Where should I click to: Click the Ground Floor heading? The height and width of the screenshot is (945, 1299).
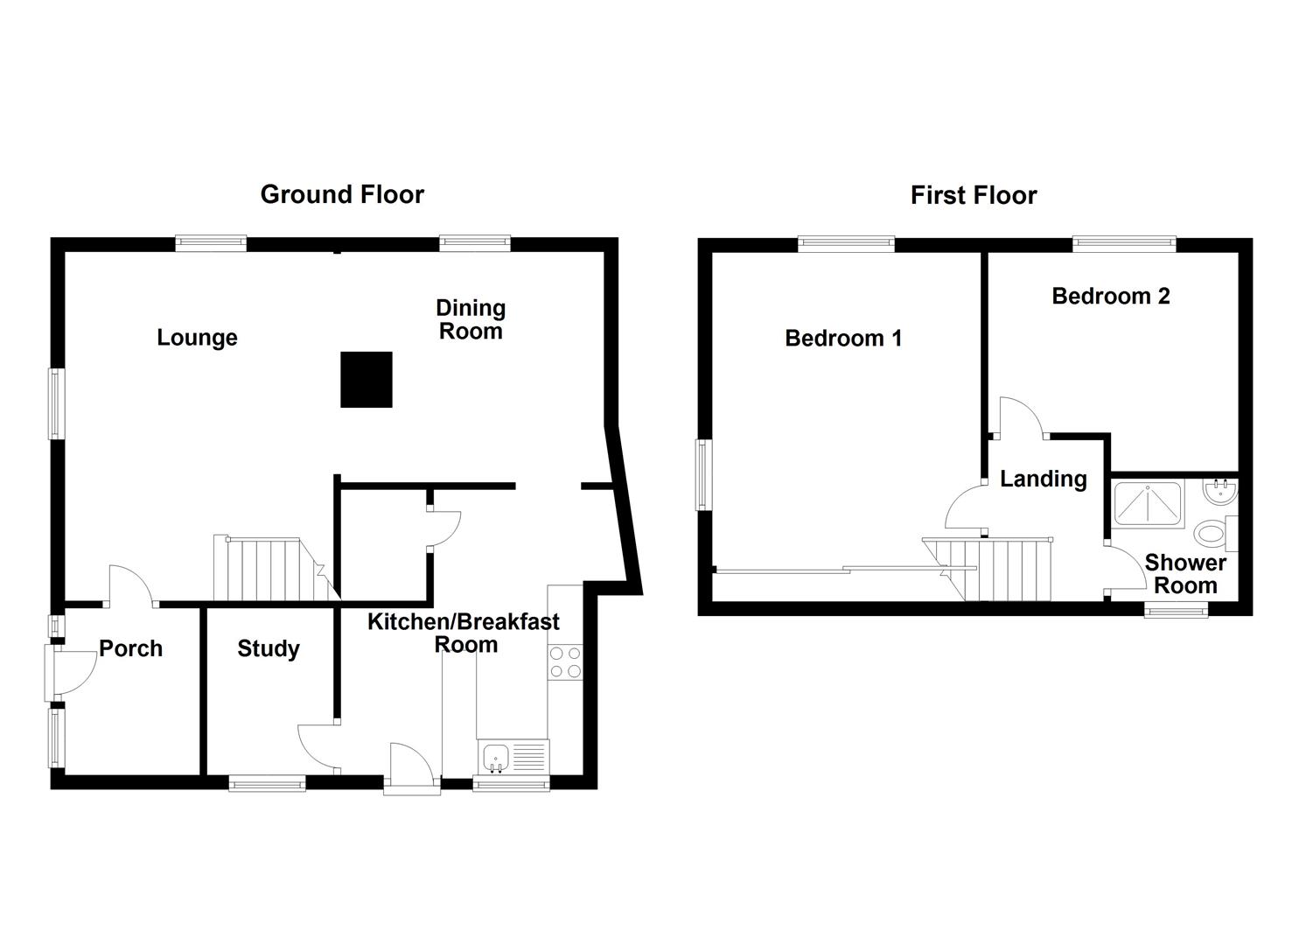point(342,194)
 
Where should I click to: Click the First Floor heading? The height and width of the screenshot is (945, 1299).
point(974,195)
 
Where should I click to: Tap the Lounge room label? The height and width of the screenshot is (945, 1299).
point(197,338)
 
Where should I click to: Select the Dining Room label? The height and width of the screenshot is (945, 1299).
point(471,319)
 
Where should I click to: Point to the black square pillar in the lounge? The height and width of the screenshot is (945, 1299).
point(367,380)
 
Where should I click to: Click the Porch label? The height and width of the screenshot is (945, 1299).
point(130,648)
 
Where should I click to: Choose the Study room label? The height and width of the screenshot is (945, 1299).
point(269,649)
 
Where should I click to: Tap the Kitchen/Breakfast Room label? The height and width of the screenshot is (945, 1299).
point(464,633)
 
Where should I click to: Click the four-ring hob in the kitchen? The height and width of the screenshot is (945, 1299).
point(565,662)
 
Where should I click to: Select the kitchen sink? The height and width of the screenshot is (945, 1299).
point(513,757)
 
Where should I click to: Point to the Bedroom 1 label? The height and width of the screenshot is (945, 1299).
point(843,339)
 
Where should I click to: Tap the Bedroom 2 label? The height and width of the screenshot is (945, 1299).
point(1111,297)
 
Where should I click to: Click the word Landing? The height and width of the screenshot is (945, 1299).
point(1044,479)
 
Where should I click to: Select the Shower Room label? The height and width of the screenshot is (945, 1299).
point(1185,574)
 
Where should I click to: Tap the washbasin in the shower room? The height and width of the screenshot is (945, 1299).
point(1221,493)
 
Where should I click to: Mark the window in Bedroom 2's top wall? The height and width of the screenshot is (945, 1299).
point(1124,243)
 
